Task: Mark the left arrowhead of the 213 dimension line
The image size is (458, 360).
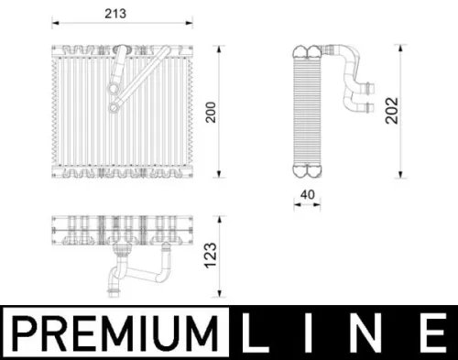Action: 50,23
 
